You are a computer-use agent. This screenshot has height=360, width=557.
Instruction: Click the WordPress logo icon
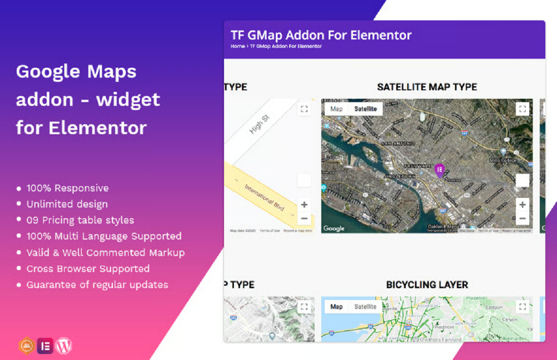[x=64, y=346]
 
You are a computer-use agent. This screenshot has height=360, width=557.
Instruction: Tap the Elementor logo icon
[x=45, y=346]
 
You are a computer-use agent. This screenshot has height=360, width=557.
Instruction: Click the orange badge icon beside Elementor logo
[x=26, y=346]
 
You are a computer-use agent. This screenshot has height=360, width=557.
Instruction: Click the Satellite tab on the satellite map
[x=365, y=109]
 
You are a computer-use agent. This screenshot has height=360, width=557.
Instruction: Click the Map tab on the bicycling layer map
[x=336, y=307]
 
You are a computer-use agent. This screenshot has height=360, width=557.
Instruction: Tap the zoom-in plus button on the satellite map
[x=522, y=204]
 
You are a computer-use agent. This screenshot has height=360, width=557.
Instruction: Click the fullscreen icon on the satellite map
[x=522, y=109]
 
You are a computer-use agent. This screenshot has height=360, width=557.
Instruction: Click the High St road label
[x=259, y=125]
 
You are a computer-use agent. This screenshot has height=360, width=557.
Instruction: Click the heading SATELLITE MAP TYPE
[x=427, y=87]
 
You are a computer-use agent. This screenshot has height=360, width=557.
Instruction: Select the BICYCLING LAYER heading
[x=427, y=285]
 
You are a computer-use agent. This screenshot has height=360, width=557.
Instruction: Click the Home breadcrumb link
[x=237, y=47]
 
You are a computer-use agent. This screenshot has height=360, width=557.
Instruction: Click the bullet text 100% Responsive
[x=67, y=188]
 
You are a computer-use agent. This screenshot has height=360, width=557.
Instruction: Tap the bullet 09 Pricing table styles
[x=80, y=220]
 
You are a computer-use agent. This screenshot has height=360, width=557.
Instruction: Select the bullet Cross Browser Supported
[x=88, y=269]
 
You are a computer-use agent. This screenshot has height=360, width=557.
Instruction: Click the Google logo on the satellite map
[x=334, y=228]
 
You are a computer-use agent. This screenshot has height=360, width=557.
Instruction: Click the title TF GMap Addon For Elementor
[x=321, y=35]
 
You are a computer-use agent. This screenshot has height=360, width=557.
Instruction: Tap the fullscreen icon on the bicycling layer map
[x=522, y=307]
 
